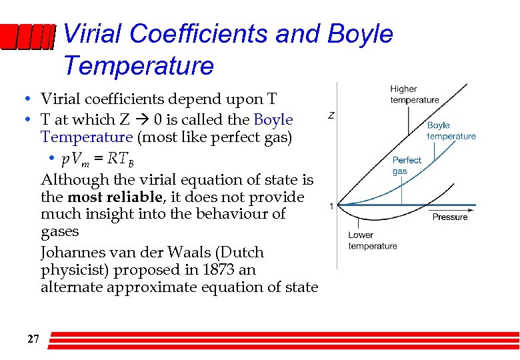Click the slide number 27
(33, 339)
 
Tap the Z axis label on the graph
(331, 115)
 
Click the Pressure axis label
(450, 217)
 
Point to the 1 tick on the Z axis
(331, 206)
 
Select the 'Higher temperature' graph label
(414, 95)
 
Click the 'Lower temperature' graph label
(372, 240)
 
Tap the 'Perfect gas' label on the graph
(407, 165)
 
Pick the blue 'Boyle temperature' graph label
(451, 131)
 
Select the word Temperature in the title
(139, 66)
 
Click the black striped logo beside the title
(27, 39)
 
